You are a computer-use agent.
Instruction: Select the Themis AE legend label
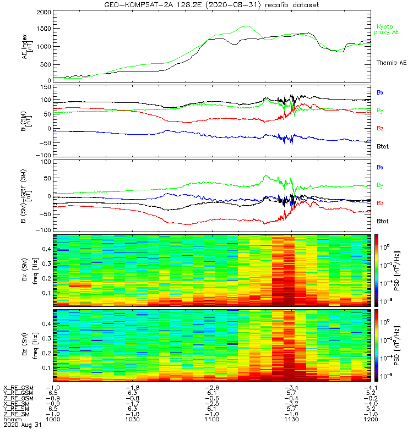coord(390,63)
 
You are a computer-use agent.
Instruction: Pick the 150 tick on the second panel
coord(45,87)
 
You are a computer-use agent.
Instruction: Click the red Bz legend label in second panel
coord(380,128)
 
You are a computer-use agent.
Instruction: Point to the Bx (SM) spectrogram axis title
coord(22,269)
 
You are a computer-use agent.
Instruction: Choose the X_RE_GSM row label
coord(18,388)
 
